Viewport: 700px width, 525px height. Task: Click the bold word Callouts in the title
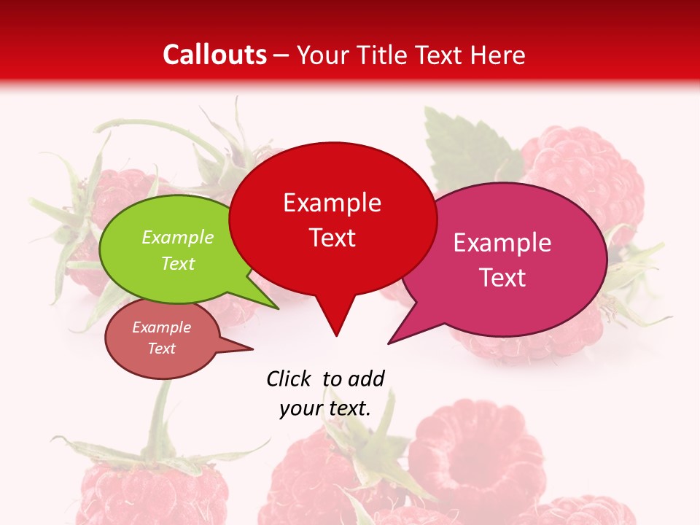[x=214, y=55]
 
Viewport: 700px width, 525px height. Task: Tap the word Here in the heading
[x=498, y=55]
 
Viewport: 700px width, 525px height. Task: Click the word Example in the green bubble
[x=177, y=238]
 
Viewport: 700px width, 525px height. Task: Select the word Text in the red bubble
[x=332, y=238]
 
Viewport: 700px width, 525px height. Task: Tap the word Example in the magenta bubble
[x=502, y=243]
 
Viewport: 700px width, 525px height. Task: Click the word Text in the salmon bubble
[x=161, y=349]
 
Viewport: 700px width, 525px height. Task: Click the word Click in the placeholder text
[x=289, y=378]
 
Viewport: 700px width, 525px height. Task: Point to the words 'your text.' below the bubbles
[x=325, y=408]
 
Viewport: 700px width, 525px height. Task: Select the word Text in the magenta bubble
[x=502, y=278]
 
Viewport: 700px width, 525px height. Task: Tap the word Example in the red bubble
[x=332, y=203]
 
